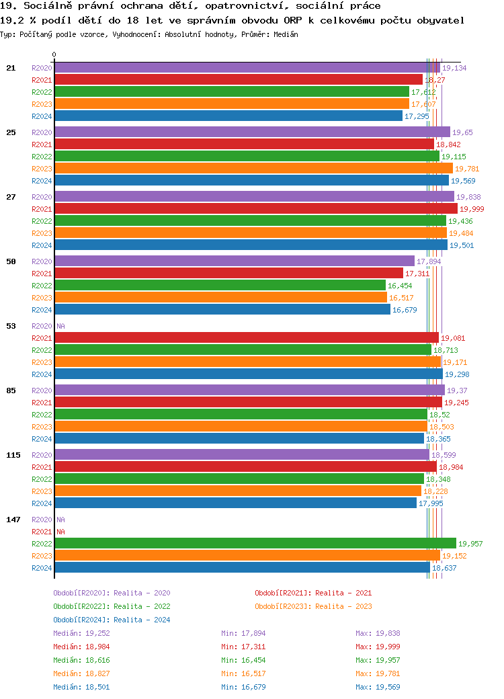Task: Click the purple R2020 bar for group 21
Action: (247, 68)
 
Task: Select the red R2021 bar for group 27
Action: (255, 209)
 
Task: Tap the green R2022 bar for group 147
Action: (255, 544)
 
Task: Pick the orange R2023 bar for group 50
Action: (220, 298)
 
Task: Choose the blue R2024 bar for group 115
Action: (235, 503)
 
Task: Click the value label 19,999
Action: (472, 209)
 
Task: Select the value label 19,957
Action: (470, 544)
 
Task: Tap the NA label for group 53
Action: (60, 326)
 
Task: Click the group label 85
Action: (11, 390)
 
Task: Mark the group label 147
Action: (13, 520)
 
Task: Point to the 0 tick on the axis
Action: (54, 54)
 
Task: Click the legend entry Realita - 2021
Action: (312, 593)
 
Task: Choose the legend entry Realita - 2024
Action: (112, 620)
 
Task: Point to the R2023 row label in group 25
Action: (42, 169)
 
